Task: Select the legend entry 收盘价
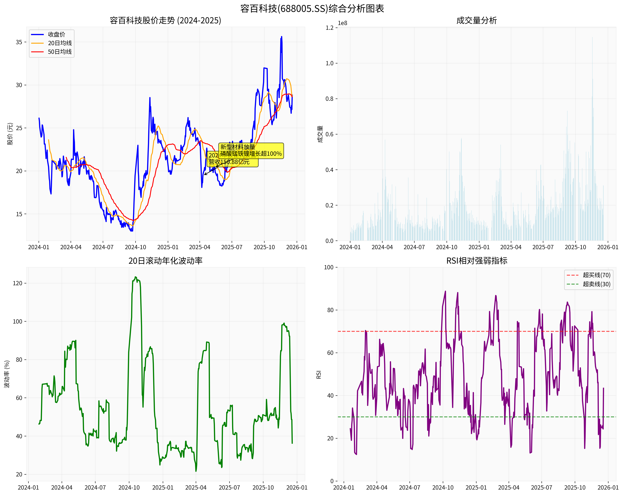56,34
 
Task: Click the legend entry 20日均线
60,43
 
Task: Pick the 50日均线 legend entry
60,52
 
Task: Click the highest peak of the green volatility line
135,277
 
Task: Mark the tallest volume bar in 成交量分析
592,38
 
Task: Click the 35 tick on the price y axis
19,42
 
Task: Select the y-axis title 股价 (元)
10,134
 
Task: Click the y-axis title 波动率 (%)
7,374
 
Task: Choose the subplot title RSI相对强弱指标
477,261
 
